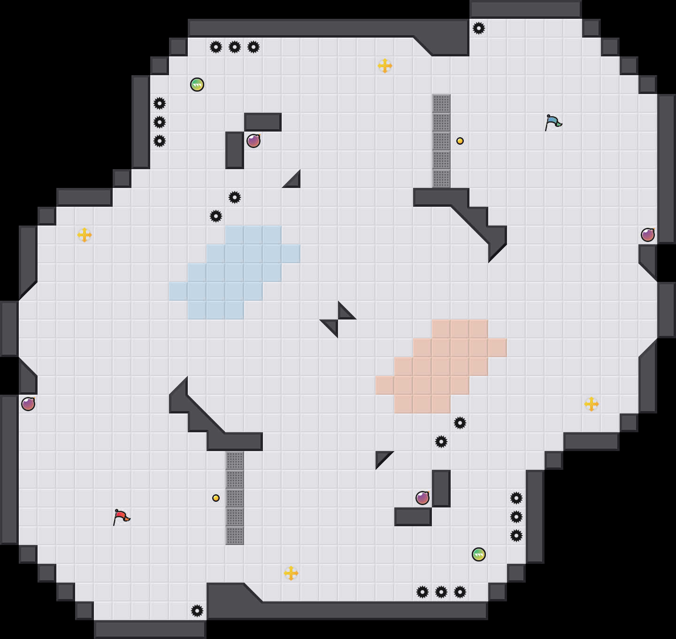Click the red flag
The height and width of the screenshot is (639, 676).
click(121, 517)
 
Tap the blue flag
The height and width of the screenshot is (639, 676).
click(553, 122)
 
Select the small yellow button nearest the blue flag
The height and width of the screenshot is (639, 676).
click(460, 141)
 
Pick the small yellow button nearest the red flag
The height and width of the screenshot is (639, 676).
click(216, 498)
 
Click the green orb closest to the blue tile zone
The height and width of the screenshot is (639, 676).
click(197, 85)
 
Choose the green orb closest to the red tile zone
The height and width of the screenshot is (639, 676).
click(479, 554)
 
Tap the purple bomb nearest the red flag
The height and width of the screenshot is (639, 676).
click(28, 404)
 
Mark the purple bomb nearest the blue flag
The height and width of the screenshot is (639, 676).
click(648, 235)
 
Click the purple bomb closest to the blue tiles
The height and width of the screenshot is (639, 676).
click(253, 141)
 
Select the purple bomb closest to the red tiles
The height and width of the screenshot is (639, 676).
click(422, 498)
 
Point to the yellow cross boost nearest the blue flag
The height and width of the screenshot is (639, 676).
click(385, 66)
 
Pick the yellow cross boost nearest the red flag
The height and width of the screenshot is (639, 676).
click(291, 573)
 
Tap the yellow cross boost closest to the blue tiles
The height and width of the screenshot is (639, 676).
click(84, 235)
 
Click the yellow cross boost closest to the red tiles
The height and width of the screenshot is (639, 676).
click(591, 404)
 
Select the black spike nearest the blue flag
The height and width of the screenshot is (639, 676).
click(479, 28)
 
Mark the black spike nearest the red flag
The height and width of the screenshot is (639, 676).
click(197, 611)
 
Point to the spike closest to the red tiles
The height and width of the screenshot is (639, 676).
click(460, 423)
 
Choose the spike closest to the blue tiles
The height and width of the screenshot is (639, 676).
click(216, 216)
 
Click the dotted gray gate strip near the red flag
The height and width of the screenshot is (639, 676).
click(235, 498)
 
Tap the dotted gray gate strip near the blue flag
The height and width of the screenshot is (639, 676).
click(441, 141)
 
